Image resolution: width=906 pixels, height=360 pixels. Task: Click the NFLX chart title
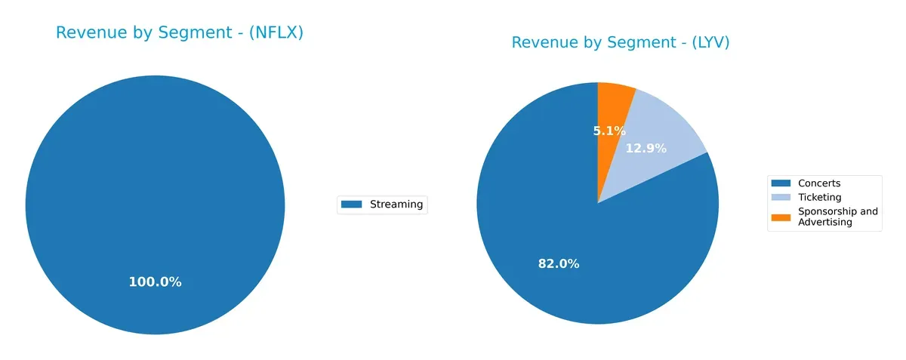click(x=180, y=33)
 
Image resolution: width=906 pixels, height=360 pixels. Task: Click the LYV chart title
click(x=621, y=43)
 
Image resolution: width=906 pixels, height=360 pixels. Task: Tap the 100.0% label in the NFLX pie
click(x=155, y=282)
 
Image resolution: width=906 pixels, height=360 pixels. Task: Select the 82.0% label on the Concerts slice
click(x=559, y=264)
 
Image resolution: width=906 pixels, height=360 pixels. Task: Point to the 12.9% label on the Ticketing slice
click(x=646, y=149)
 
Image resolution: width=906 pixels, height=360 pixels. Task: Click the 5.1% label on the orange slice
click(x=609, y=131)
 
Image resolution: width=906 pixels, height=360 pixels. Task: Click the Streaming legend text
click(x=396, y=204)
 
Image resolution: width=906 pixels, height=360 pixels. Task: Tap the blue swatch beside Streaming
click(x=352, y=204)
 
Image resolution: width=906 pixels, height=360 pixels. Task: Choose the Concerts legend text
click(x=819, y=183)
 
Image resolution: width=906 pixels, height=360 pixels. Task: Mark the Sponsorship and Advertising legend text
click(x=837, y=217)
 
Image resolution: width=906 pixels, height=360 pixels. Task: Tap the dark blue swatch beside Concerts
click(x=781, y=183)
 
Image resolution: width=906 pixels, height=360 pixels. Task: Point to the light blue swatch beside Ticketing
click(x=781, y=197)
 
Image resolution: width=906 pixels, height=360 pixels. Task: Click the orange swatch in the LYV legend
click(x=781, y=217)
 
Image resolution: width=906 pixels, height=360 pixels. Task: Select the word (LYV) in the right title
click(x=710, y=43)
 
